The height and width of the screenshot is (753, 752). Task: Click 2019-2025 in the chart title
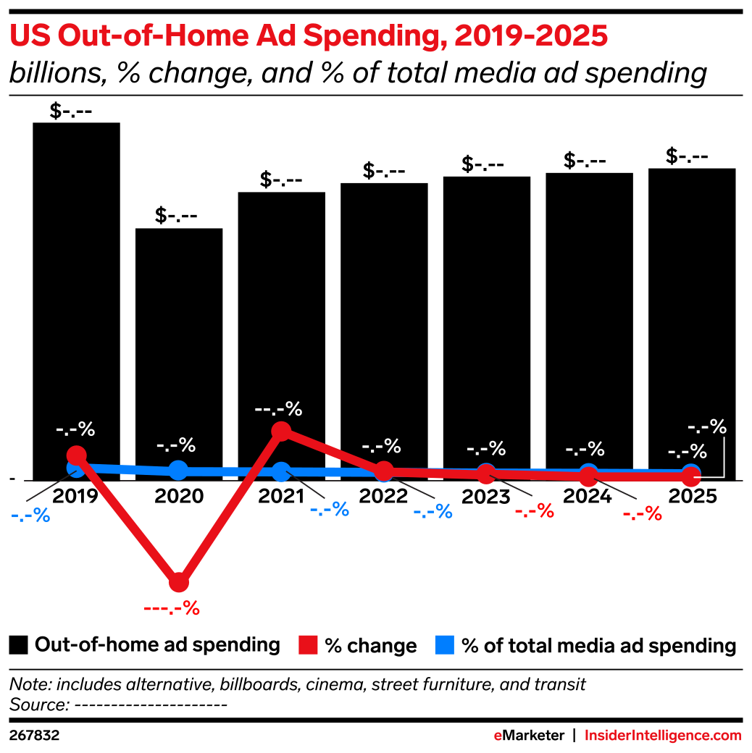pyautogui.click(x=531, y=35)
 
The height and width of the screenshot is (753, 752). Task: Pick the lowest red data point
pyautogui.click(x=178, y=582)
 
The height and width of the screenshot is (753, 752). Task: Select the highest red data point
pyautogui.click(x=281, y=432)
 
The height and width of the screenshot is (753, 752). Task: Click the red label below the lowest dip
pyautogui.click(x=172, y=608)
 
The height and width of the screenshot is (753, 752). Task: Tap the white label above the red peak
pyautogui.click(x=278, y=409)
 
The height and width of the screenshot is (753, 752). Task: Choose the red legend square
pyautogui.click(x=308, y=644)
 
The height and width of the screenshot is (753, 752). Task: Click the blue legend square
pyautogui.click(x=444, y=644)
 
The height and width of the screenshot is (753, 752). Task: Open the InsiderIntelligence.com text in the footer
pyautogui.click(x=663, y=736)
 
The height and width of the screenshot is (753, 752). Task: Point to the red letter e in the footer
pyautogui.click(x=498, y=736)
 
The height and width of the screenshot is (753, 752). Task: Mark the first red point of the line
pyautogui.click(x=76, y=455)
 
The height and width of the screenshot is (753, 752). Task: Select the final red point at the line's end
pyautogui.click(x=691, y=478)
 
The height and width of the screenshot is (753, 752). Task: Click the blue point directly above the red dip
pyautogui.click(x=178, y=470)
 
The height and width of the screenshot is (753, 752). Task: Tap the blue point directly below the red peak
pyautogui.click(x=281, y=472)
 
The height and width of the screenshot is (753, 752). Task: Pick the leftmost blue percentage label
pyautogui.click(x=31, y=516)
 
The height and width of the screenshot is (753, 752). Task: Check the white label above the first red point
pyautogui.click(x=75, y=429)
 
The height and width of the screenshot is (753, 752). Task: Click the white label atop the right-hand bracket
pyautogui.click(x=706, y=426)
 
